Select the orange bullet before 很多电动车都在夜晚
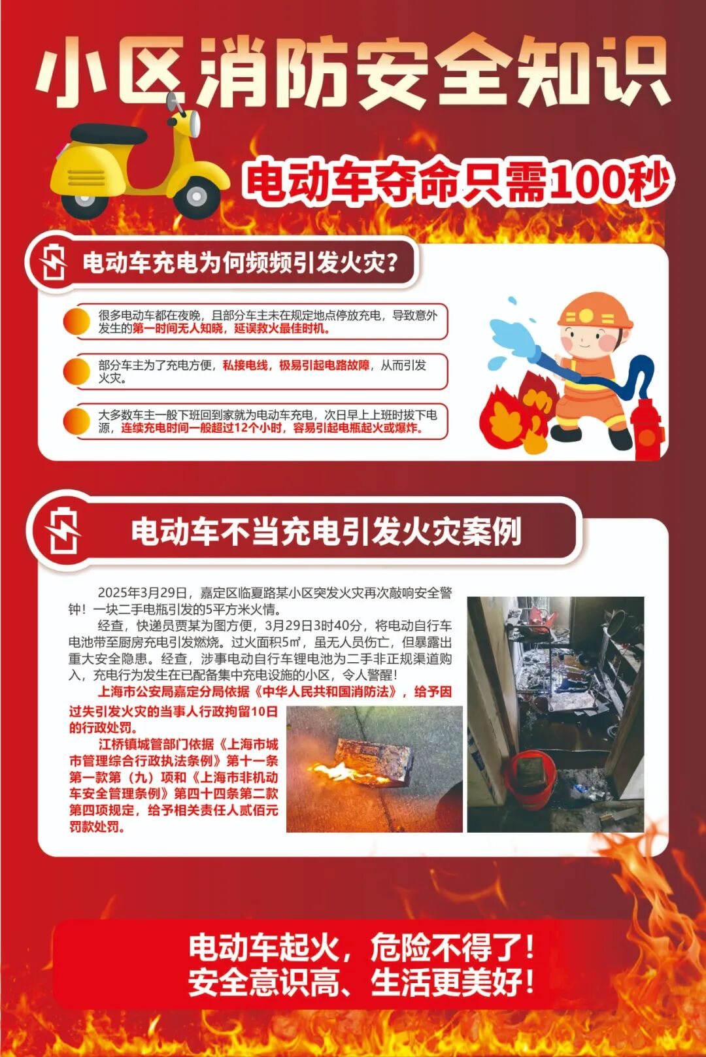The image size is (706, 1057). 76,322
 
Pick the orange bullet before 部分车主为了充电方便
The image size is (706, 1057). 76,371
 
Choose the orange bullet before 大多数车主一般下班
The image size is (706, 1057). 76,422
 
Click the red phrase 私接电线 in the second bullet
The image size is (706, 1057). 245,365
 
